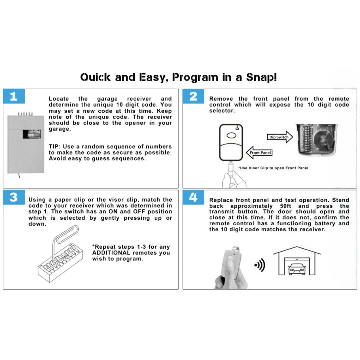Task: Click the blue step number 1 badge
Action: coord(14,96)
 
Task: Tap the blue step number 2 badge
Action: coord(193,96)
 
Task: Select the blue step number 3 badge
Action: coord(14,197)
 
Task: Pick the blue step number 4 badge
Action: coord(193,197)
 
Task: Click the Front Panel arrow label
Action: coord(260,153)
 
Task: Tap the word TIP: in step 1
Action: coord(55,147)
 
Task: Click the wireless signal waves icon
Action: coord(259,265)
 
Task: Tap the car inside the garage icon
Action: coord(297,268)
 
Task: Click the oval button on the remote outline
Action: coord(231,135)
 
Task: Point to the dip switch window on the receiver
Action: coord(32,135)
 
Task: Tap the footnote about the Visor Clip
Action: coord(273,168)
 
